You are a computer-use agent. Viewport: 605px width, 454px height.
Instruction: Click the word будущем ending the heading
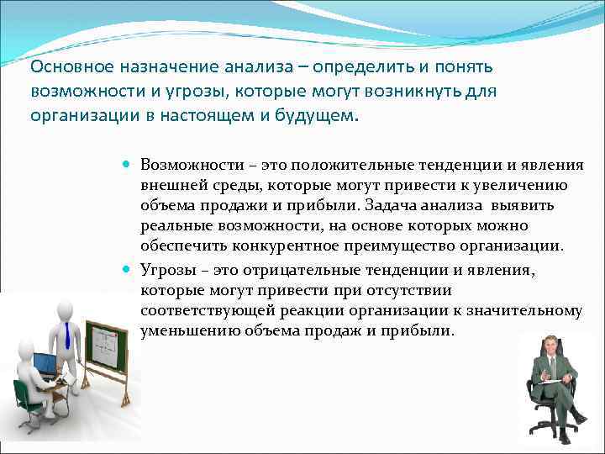[311, 116]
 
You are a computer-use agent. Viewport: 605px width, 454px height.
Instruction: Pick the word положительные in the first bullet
[324, 165]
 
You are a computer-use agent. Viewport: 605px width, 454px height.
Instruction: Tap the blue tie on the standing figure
[66, 336]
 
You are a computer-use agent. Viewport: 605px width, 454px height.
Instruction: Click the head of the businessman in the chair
[551, 345]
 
